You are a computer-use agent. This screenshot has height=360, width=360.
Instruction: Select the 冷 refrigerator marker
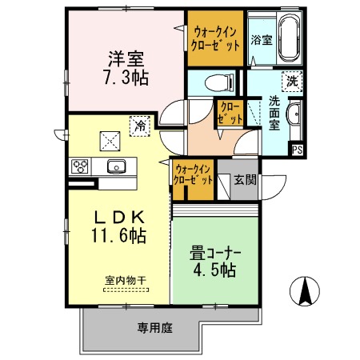(139, 125)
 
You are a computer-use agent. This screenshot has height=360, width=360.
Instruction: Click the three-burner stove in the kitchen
(81, 166)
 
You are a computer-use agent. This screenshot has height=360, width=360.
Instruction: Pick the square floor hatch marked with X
(107, 141)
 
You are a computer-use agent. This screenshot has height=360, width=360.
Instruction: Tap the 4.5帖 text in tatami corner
(213, 271)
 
